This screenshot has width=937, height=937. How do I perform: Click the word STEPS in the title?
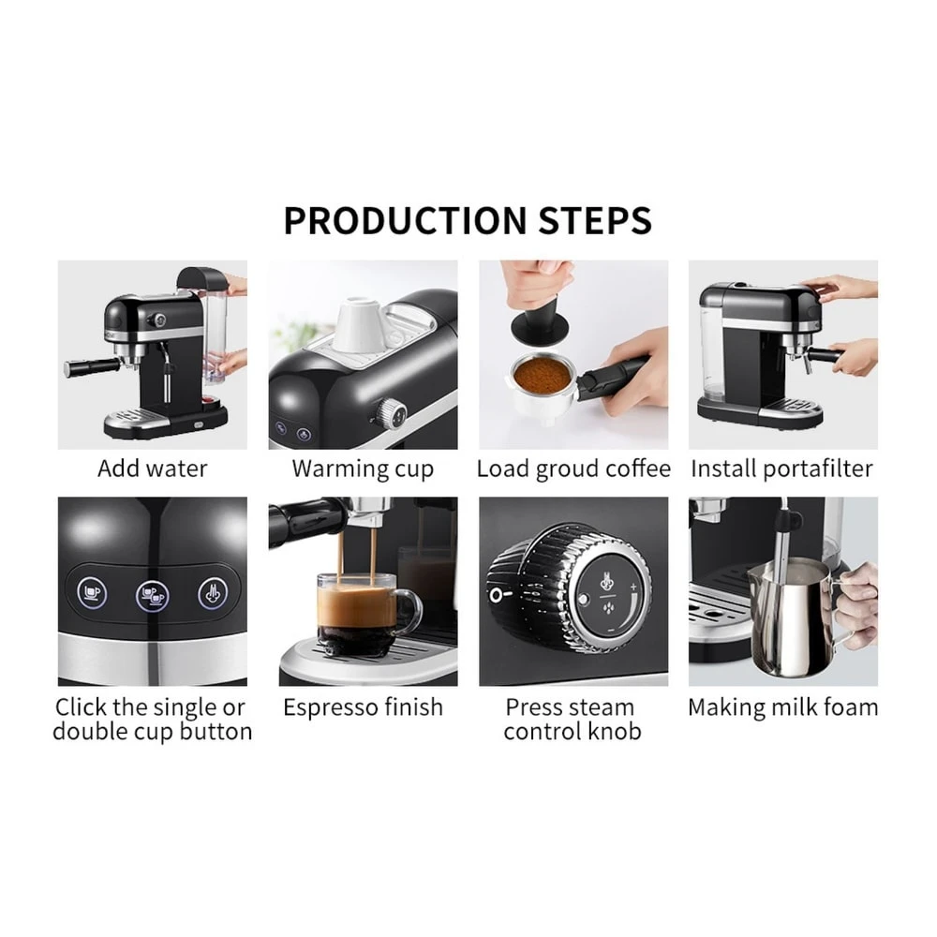pyautogui.click(x=595, y=221)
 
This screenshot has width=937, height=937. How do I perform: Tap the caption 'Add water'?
pyautogui.click(x=152, y=468)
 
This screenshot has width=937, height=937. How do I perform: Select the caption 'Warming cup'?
pyautogui.click(x=363, y=468)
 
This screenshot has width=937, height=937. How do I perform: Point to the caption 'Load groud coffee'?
pyautogui.click(x=573, y=468)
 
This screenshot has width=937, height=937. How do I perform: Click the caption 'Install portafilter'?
pyautogui.click(x=782, y=468)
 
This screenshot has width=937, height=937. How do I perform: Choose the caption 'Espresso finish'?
pyautogui.click(x=363, y=707)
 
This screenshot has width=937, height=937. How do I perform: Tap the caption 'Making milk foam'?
pyautogui.click(x=783, y=707)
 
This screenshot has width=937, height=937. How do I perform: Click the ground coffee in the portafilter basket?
pyautogui.click(x=543, y=375)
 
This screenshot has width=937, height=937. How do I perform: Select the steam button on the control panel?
pyautogui.click(x=214, y=592)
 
